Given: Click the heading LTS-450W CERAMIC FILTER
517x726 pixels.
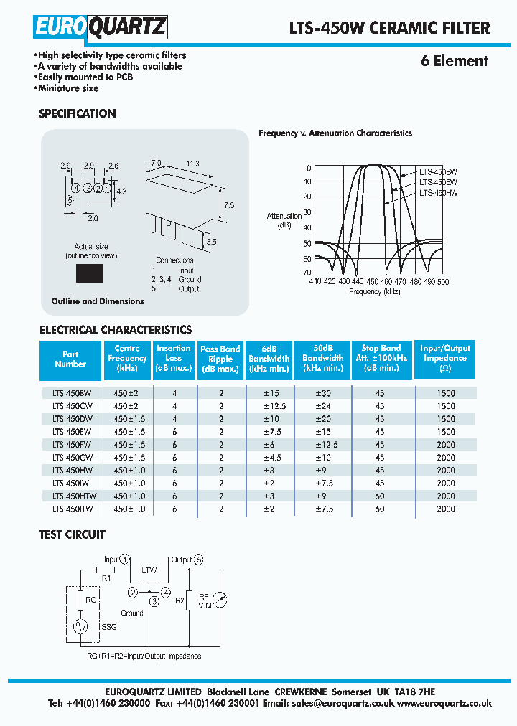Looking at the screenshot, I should click(390, 28).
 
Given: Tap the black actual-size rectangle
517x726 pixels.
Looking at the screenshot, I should click(90, 273).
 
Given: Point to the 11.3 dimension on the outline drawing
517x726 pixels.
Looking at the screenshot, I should click(192, 164).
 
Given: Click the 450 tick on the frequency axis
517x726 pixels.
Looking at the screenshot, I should click(372, 282).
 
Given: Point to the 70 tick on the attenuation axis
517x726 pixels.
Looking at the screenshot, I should click(307, 273).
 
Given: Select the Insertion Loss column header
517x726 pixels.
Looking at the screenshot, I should click(174, 358).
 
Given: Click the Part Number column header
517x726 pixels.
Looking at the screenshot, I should click(70, 359).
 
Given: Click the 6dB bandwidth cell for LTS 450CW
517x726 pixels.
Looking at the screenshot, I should click(269, 405).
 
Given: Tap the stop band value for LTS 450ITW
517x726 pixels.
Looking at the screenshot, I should click(380, 509).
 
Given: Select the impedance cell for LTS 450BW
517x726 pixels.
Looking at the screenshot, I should click(445, 392).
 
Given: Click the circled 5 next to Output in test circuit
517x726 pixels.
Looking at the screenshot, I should click(199, 560).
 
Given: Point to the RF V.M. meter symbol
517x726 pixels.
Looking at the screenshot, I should click(220, 600).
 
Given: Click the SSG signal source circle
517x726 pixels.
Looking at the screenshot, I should click(81, 626).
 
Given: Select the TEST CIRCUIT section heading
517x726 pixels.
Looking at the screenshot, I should click(72, 534).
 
